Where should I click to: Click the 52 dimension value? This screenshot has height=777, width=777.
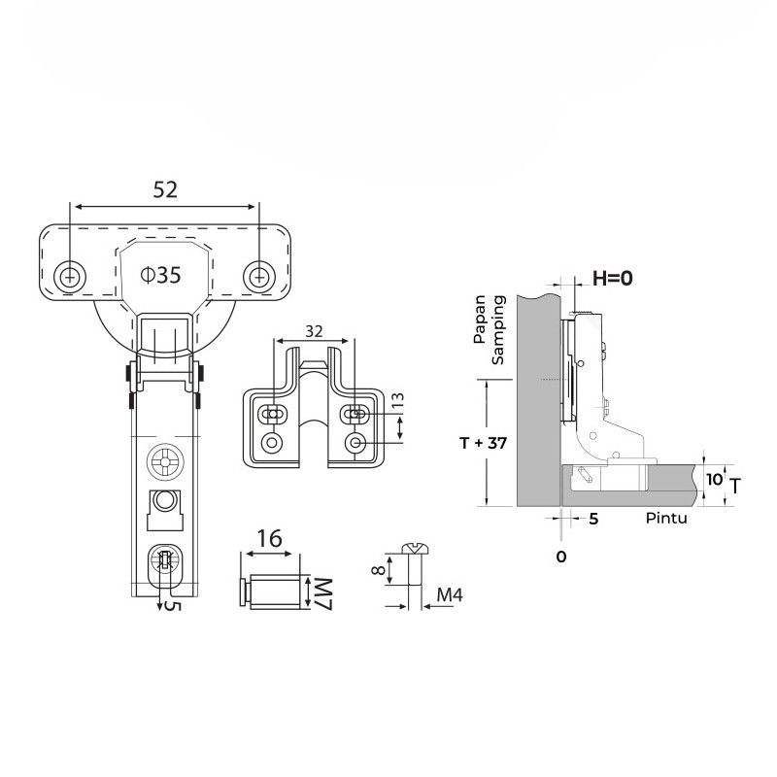tap(165, 189)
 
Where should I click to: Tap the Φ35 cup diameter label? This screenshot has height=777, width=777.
tap(160, 275)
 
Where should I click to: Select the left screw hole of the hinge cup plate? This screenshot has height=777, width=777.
tap(70, 277)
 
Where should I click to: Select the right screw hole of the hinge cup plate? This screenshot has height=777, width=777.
tap(259, 277)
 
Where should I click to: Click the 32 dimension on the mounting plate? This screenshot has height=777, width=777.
tap(314, 331)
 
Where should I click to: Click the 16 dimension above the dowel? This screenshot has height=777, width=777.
tap(270, 538)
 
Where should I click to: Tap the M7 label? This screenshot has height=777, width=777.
tap(323, 593)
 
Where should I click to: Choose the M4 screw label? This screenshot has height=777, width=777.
tap(450, 594)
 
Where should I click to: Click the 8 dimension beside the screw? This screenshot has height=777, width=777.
tap(379, 570)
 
